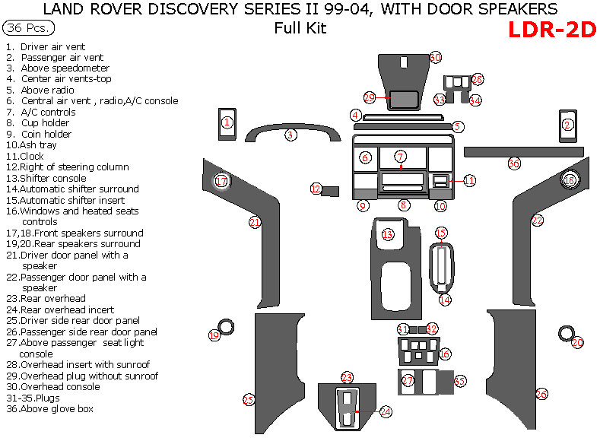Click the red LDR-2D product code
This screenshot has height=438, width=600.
pyautogui.click(x=551, y=30)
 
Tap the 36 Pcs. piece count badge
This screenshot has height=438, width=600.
pyautogui.click(x=28, y=28)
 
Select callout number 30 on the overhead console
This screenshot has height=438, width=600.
pyautogui.click(x=435, y=57)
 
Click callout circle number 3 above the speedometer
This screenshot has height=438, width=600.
pyautogui.click(x=290, y=135)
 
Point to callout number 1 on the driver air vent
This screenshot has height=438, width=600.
pyautogui.click(x=227, y=122)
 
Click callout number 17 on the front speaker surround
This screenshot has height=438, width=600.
pyautogui.click(x=221, y=181)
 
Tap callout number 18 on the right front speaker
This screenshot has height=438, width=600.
pyautogui.click(x=570, y=180)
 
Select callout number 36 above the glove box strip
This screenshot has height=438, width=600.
pyautogui.click(x=515, y=163)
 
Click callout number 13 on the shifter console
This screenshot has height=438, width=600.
pyautogui.click(x=388, y=234)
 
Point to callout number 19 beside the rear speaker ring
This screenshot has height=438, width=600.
pyautogui.click(x=214, y=335)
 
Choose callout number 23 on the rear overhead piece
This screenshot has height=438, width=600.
pyautogui.click(x=347, y=378)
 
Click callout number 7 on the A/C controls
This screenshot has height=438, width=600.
pyautogui.click(x=401, y=157)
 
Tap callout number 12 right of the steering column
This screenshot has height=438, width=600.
pyautogui.click(x=316, y=189)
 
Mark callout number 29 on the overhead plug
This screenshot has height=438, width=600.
pyautogui.click(x=370, y=98)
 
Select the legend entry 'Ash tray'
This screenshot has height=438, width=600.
pyautogui.click(x=42, y=145)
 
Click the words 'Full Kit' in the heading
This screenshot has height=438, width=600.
pyautogui.click(x=300, y=28)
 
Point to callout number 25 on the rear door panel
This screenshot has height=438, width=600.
pyautogui.click(x=248, y=399)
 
